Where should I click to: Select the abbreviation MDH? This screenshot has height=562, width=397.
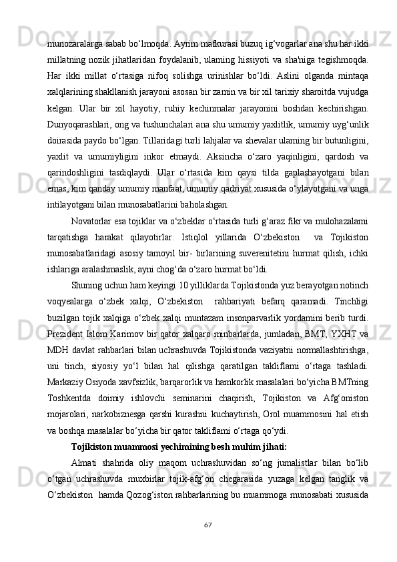click(57, 350)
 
